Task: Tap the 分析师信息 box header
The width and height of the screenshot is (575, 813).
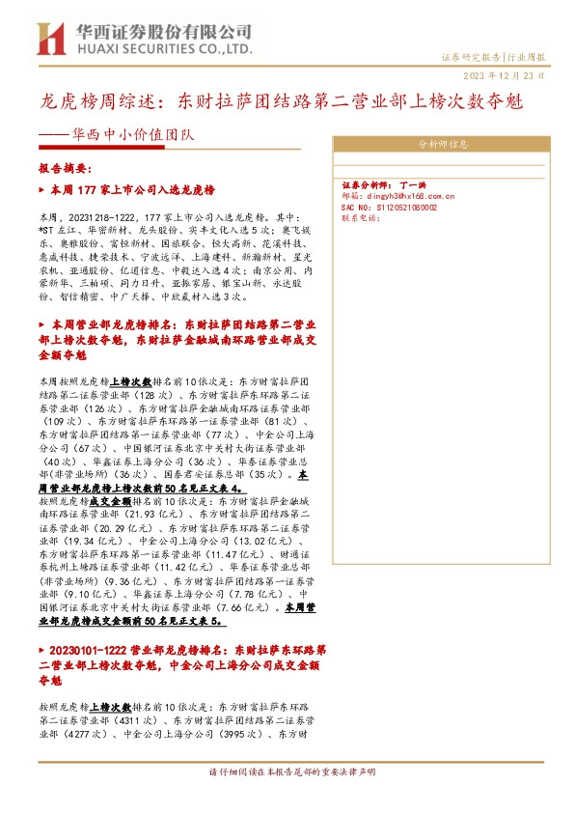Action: (443, 145)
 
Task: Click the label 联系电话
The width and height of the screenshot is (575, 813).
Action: (362, 218)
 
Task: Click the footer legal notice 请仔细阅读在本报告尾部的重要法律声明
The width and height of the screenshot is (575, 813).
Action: (287, 772)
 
